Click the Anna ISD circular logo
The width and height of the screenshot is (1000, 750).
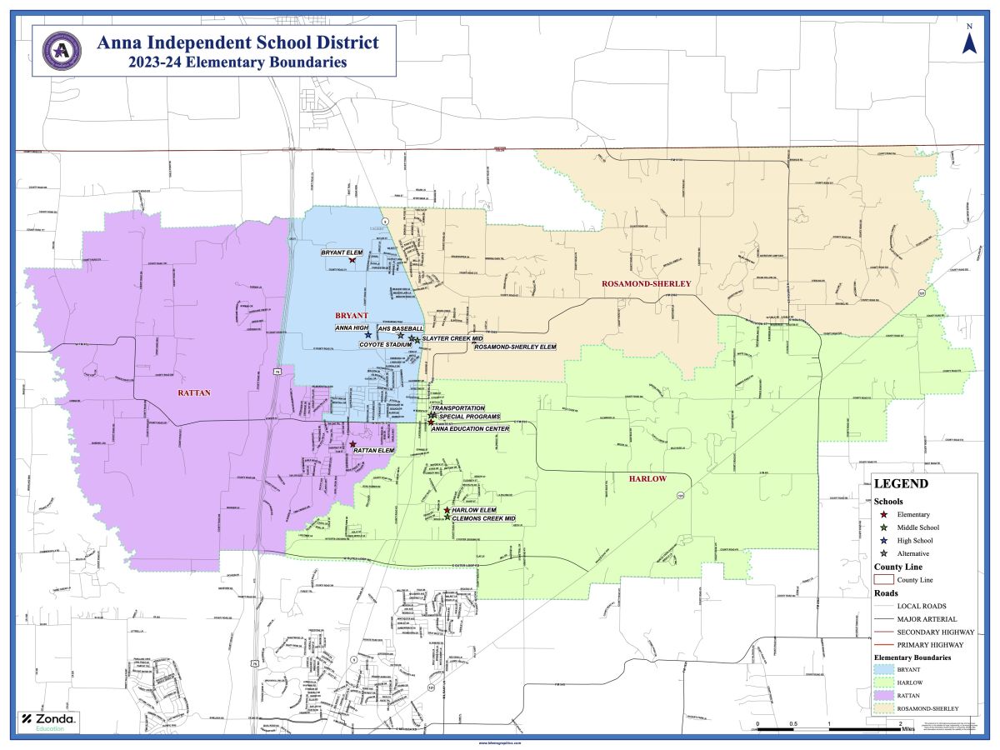[61, 50]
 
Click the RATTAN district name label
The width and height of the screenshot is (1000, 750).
[192, 392]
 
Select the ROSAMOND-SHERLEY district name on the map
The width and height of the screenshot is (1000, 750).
[647, 284]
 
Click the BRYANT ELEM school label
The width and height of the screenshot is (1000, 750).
[342, 252]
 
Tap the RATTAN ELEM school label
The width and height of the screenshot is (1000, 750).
[374, 451]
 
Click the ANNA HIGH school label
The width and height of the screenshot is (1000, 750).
[352, 328]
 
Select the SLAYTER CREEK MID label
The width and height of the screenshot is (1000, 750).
[453, 338]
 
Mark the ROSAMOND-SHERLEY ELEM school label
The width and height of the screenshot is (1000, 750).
[514, 347]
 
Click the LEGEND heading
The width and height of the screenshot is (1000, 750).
[901, 483]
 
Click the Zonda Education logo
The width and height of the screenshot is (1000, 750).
[48, 722]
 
